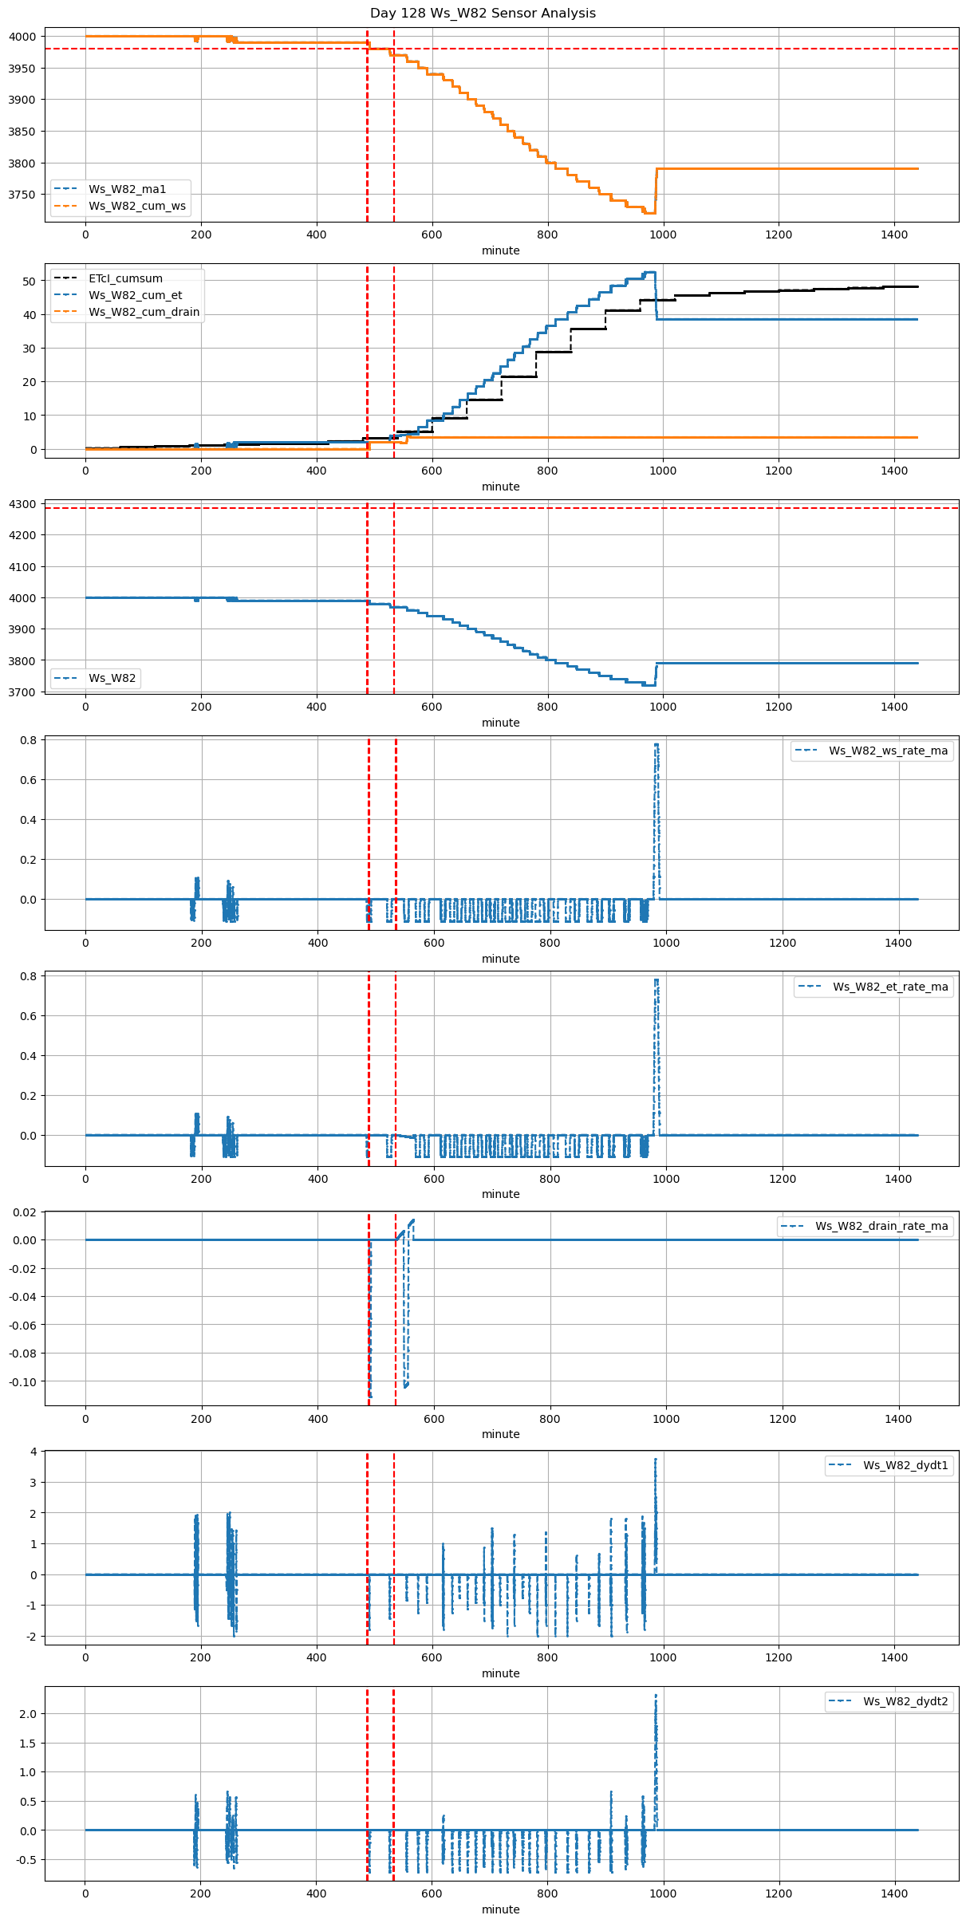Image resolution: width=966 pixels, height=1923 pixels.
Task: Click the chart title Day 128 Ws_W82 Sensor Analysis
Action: tap(483, 14)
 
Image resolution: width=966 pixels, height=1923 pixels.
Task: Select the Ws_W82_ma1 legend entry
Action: tap(127, 189)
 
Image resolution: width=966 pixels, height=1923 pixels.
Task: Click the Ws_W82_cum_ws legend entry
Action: tap(136, 206)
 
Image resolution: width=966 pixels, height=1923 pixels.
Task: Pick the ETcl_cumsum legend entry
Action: tap(125, 278)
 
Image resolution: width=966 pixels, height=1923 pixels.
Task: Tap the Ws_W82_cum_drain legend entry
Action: tap(144, 312)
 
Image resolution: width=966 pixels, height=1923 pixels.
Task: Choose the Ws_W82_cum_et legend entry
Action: tap(135, 295)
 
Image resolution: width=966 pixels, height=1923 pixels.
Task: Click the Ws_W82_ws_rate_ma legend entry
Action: tap(888, 751)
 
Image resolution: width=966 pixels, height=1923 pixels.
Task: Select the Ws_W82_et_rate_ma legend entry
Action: tap(890, 987)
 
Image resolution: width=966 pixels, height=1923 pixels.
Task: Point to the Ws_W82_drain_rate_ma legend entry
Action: tap(881, 1226)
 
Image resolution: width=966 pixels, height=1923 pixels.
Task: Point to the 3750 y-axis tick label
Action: tap(22, 195)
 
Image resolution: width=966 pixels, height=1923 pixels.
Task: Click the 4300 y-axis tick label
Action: tap(22, 504)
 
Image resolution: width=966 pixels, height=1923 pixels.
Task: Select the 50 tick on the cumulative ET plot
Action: tap(30, 282)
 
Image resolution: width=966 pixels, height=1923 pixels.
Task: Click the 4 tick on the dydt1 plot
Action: tap(34, 1452)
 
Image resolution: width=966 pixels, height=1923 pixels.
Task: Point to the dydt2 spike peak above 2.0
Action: tap(656, 1696)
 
